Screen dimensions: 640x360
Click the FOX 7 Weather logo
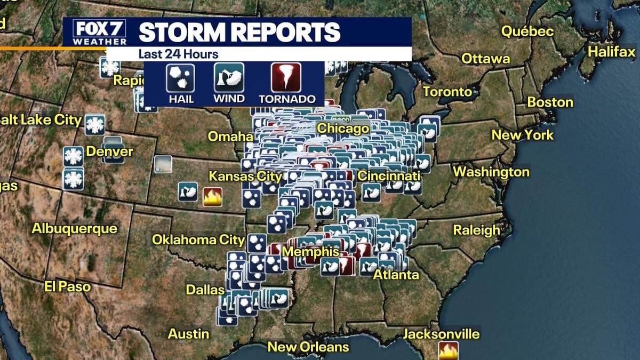point(95,32)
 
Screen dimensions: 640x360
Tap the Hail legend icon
point(180,78)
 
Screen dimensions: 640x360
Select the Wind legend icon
point(229,78)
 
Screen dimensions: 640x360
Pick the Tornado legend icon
point(286,78)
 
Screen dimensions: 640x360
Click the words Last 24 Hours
point(178,54)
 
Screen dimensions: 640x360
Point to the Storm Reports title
point(239,32)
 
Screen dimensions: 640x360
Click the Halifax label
point(612,52)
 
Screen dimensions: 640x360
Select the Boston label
point(550,102)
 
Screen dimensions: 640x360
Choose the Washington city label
point(491,172)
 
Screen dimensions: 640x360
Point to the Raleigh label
point(476,230)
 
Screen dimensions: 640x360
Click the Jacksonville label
point(441,334)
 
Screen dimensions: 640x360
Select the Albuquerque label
point(74,228)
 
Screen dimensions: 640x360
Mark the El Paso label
point(68,286)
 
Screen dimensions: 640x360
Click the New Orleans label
point(308,347)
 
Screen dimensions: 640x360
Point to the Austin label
point(189,334)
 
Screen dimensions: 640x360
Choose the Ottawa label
point(485,58)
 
